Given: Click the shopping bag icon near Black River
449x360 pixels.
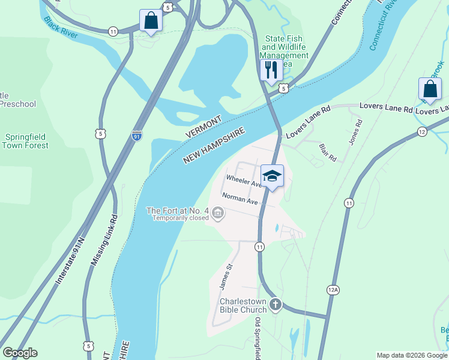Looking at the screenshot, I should pyautogui.click(x=151, y=20).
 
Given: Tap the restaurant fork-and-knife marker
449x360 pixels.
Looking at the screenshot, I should pyautogui.click(x=271, y=70).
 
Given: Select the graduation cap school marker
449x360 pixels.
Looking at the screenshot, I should pyautogui.click(x=272, y=176).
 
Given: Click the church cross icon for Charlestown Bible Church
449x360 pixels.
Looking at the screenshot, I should pyautogui.click(x=276, y=304).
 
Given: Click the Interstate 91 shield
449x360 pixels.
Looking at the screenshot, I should pyautogui.click(x=137, y=136).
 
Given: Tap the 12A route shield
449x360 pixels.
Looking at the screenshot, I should pyautogui.click(x=333, y=290).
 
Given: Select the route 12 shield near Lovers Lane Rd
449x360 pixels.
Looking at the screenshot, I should pyautogui.click(x=423, y=131).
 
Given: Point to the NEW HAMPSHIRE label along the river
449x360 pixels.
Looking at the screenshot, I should pyautogui.click(x=214, y=146).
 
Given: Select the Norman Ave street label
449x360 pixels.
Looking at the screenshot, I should pyautogui.click(x=240, y=199).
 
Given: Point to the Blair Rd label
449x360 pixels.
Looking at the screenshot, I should pyautogui.click(x=328, y=152).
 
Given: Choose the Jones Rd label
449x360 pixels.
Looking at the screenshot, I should pyautogui.click(x=355, y=133).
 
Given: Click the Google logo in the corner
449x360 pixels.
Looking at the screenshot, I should pyautogui.click(x=20, y=353).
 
